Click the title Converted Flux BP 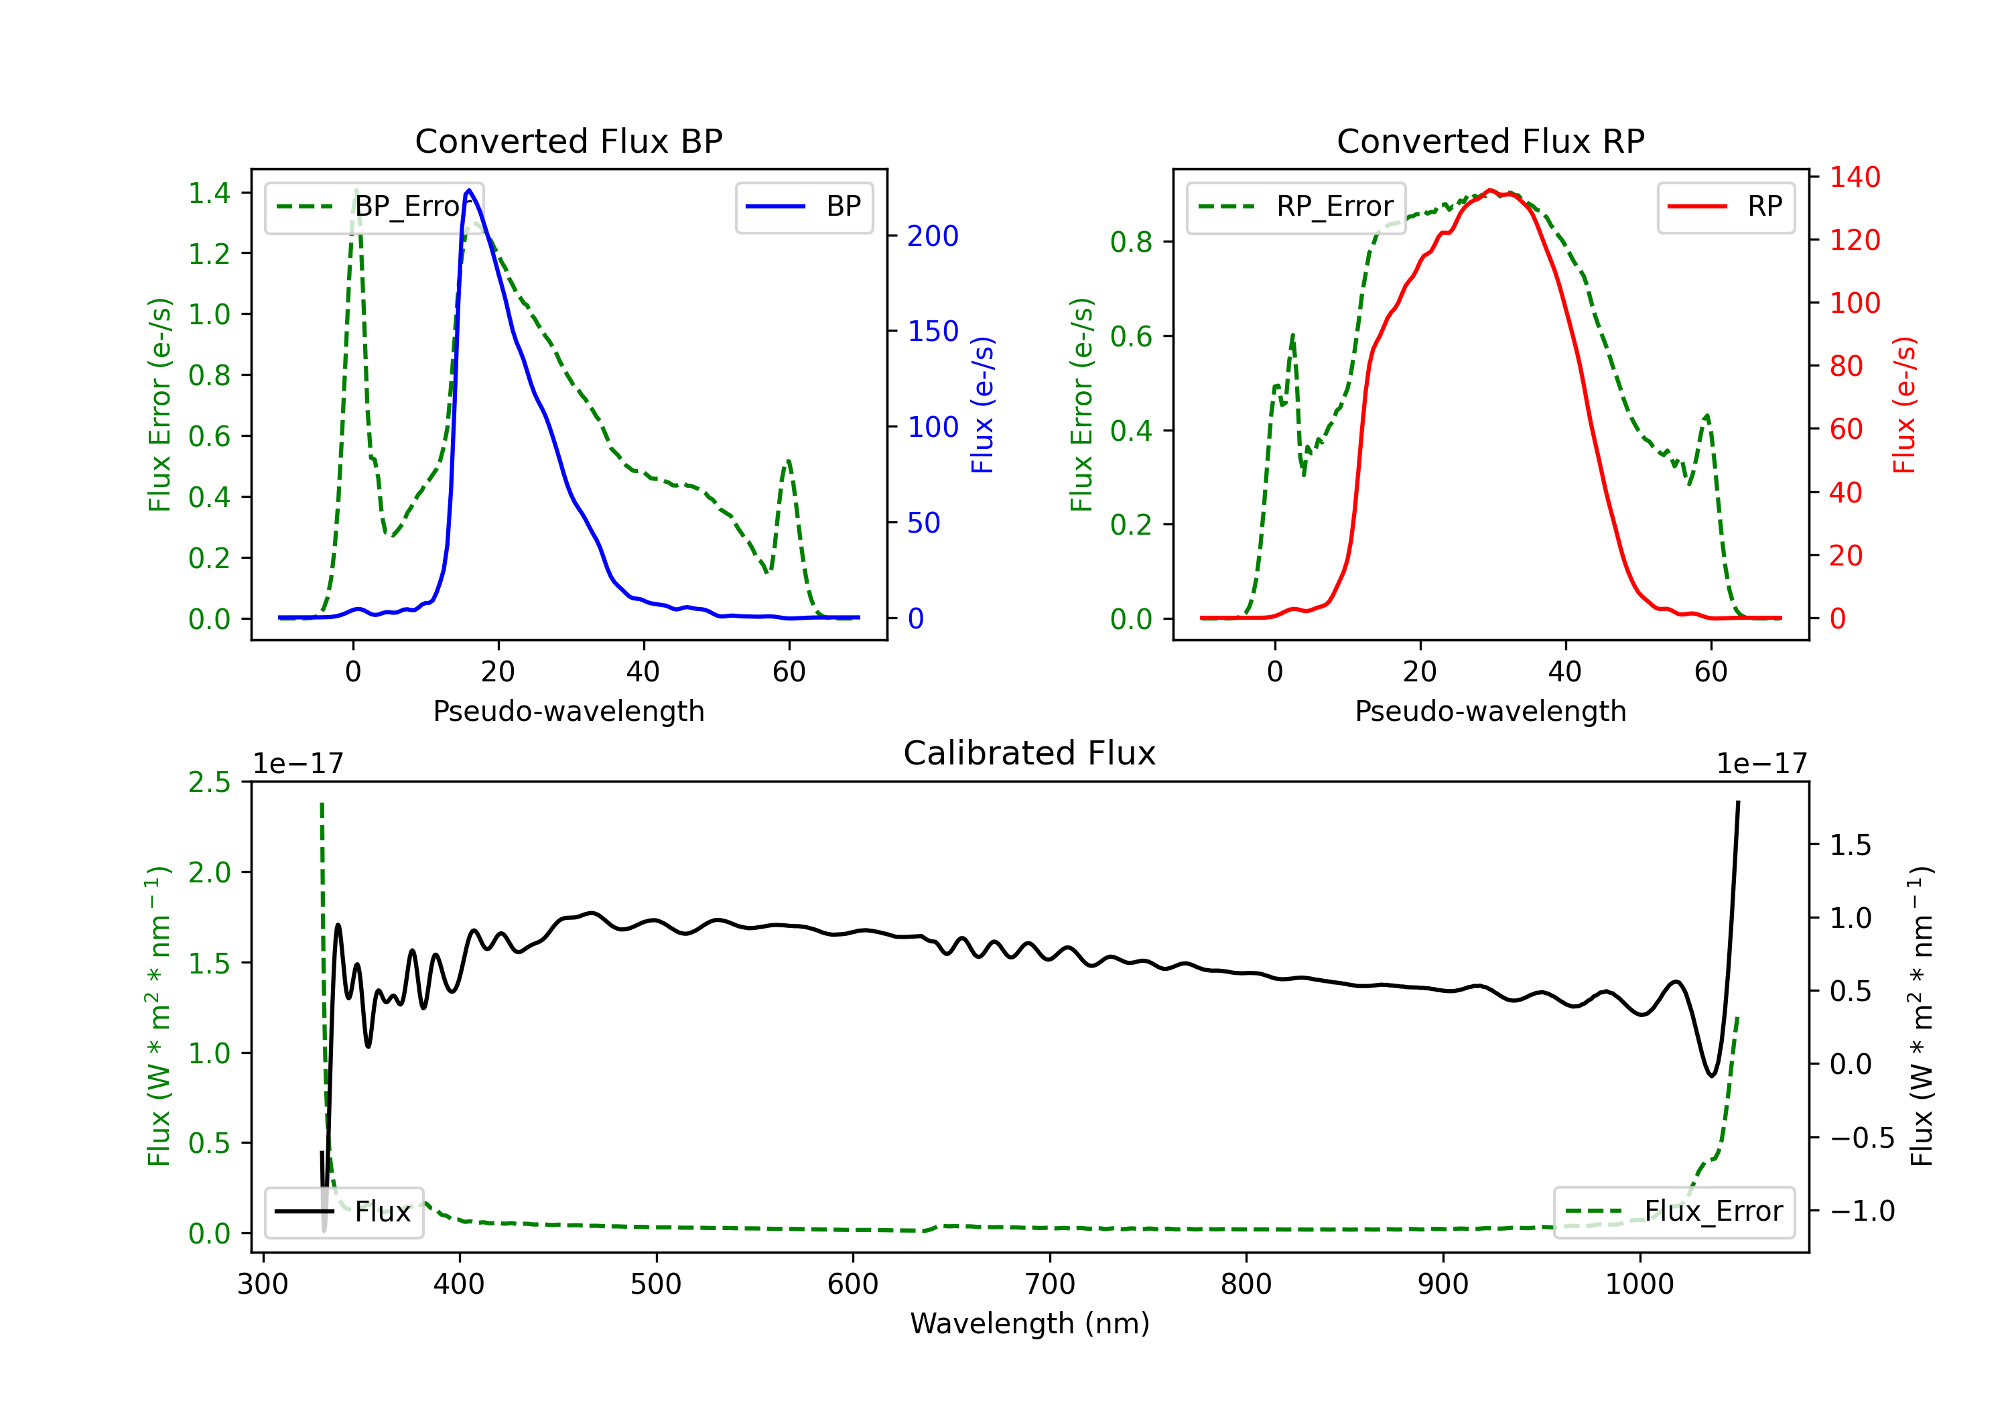568,141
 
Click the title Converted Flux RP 1490,141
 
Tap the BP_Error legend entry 375,206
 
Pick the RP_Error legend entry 1296,206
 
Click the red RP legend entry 1725,206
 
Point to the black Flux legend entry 344,1212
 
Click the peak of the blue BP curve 469,190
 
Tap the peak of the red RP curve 1490,191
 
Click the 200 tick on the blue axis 933,236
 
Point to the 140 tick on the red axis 1854,177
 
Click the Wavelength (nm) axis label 1030,1323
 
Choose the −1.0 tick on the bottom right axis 1861,1211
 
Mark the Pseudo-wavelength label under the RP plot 1490,711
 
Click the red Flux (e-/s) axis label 1905,405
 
